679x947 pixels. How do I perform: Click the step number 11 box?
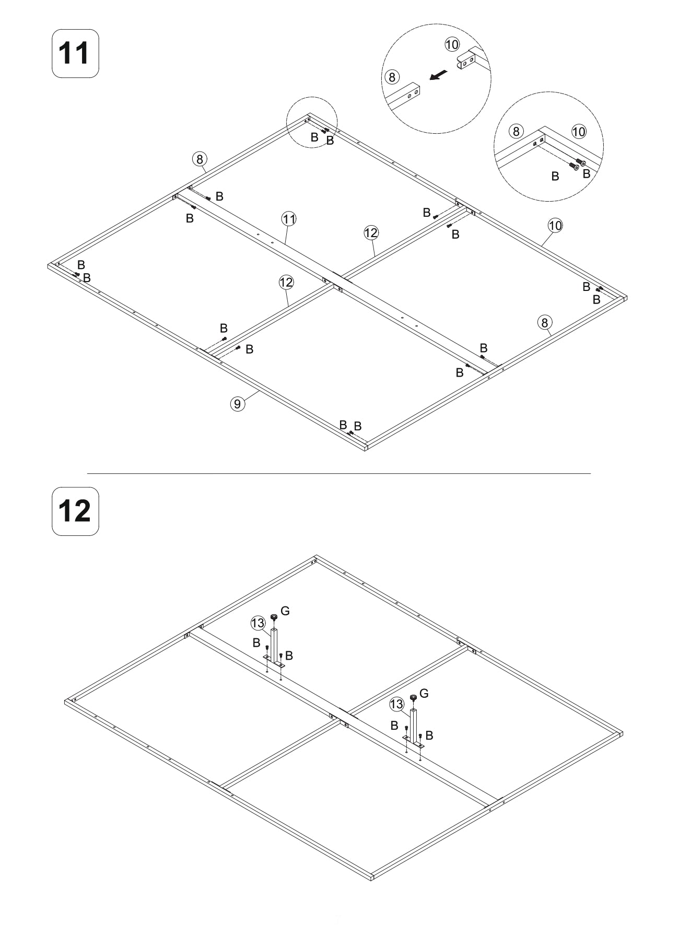pos(75,53)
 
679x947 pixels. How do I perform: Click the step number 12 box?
pos(75,511)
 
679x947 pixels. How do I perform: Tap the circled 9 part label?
pos(237,403)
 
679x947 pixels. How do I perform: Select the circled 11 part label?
pos(289,219)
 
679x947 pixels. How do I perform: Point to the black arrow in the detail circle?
pos(438,76)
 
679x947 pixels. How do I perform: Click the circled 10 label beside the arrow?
pos(452,44)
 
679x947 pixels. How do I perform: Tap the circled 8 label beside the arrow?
pos(392,77)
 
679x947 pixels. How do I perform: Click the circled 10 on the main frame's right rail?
pos(555,225)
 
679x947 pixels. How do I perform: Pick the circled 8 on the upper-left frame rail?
pos(200,158)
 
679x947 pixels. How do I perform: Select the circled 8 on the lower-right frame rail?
pos(544,323)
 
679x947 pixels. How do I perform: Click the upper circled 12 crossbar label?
pos(371,232)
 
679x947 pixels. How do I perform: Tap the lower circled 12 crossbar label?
pos(286,283)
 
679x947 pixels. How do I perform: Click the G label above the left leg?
pos(285,611)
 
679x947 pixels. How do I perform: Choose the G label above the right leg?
pos(424,693)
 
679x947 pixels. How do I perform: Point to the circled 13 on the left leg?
pos(258,623)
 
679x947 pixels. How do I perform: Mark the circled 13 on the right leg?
pos(397,705)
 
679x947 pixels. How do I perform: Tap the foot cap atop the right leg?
pos(413,697)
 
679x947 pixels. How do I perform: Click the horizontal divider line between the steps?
pos(339,473)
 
